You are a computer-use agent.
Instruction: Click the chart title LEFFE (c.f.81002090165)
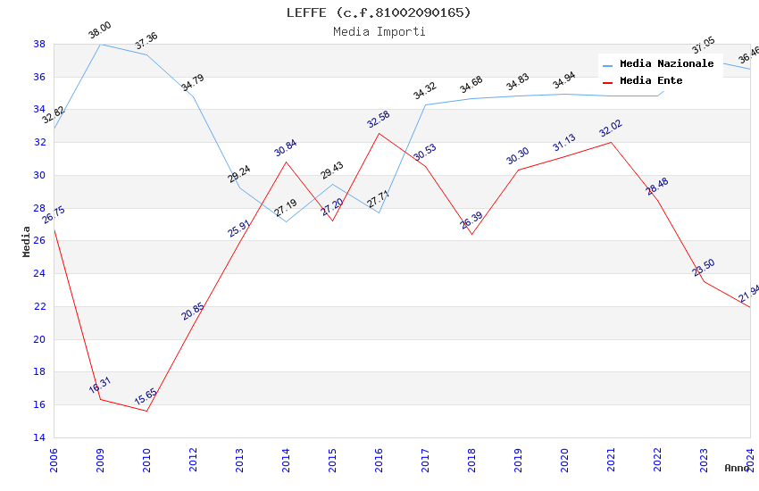[x=379, y=12]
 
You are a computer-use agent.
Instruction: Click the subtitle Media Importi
[x=379, y=32]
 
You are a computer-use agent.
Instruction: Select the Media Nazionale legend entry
[x=666, y=64]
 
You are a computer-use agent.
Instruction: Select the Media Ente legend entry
[x=651, y=81]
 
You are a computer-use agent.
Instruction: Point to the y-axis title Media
[x=27, y=241]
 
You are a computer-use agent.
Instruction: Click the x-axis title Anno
[x=737, y=468]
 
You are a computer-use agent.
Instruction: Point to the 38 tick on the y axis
[x=39, y=44]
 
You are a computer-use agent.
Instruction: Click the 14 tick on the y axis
[x=39, y=437]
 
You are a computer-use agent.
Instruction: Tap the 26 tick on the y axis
[x=39, y=241]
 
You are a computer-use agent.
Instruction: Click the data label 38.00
[x=99, y=32]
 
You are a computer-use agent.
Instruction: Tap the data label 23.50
[x=704, y=268]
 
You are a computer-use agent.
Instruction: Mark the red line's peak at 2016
[x=379, y=133]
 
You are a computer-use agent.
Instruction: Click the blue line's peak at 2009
[x=100, y=44]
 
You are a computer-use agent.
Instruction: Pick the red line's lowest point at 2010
[x=146, y=411]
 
